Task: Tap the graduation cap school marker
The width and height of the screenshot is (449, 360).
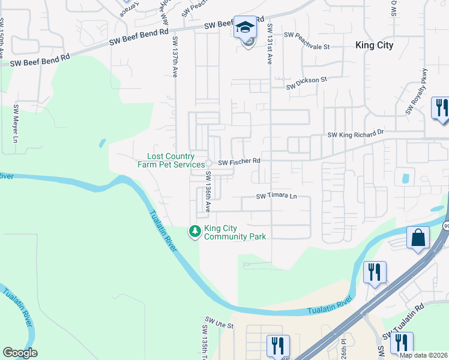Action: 245,28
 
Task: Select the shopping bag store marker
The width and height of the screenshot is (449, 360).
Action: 418,238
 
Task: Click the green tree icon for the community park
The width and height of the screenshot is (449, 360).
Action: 194,231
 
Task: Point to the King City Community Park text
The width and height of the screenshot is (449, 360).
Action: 235,232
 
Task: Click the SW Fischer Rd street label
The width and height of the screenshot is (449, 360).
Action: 239,161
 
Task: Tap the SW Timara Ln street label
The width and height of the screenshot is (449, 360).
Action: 277,196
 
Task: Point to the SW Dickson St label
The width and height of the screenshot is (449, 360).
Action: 306,83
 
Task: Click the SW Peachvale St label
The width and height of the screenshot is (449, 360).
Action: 308,41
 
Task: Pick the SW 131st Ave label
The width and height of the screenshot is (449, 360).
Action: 270,44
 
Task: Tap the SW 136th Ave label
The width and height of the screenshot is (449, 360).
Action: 208,191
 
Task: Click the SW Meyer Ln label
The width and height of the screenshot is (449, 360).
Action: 13,125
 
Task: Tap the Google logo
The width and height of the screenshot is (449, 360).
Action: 20,353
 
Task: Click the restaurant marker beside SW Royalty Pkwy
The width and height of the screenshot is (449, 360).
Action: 441,108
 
